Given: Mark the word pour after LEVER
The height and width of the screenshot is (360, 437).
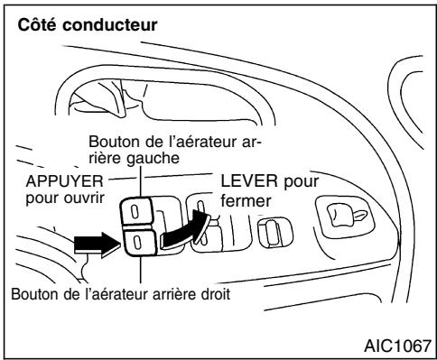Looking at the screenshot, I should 285,181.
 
